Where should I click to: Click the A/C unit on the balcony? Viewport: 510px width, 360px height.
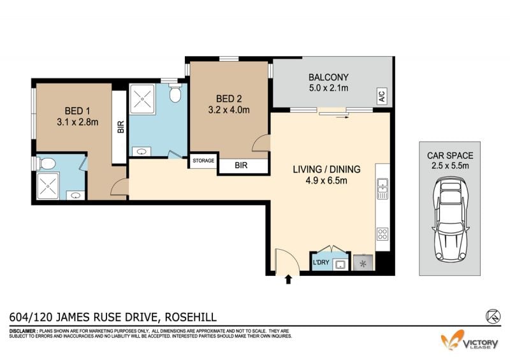[382, 96]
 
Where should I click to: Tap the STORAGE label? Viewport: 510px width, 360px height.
[203, 161]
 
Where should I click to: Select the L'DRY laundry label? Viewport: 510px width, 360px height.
[321, 262]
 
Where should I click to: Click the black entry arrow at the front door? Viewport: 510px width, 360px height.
[288, 279]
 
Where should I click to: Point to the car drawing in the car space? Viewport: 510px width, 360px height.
[450, 220]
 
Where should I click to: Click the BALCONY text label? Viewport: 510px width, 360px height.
[328, 77]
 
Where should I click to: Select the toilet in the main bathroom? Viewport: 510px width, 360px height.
[175, 92]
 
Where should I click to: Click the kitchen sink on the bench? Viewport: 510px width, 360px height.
[382, 189]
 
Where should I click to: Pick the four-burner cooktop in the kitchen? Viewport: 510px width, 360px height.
[382, 234]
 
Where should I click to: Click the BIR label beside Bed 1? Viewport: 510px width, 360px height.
[120, 127]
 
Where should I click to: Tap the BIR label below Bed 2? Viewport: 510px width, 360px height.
[241, 166]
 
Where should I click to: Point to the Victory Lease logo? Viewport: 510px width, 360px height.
[469, 340]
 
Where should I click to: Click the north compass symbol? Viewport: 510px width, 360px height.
[493, 316]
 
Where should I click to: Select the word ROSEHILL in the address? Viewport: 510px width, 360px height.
[191, 317]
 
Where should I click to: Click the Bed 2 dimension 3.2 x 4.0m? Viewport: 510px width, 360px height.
[229, 110]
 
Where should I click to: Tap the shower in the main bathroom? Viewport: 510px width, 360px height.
[142, 99]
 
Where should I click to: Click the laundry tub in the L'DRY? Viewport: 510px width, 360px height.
[340, 264]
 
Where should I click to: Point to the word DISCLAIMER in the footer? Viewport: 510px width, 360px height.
[22, 331]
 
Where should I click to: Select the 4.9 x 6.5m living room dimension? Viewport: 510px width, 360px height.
[326, 180]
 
